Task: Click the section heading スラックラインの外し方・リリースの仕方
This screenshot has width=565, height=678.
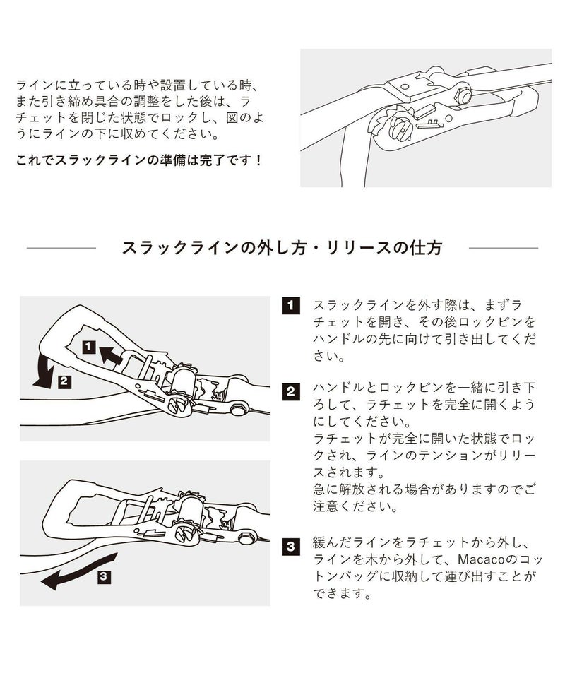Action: point(282,248)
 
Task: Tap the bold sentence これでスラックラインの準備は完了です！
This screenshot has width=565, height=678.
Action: point(140,160)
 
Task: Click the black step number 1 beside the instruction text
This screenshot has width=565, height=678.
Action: point(290,307)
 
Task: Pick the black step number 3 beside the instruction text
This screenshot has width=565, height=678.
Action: point(290,545)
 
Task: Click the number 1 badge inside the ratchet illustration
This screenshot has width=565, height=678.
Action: point(88,347)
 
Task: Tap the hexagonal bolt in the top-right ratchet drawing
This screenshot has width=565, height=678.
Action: point(464,95)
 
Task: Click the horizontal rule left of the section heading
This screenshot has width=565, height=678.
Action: point(61,248)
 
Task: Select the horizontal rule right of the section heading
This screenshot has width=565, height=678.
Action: point(503,248)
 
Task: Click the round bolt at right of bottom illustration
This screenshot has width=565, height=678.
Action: point(246,537)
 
